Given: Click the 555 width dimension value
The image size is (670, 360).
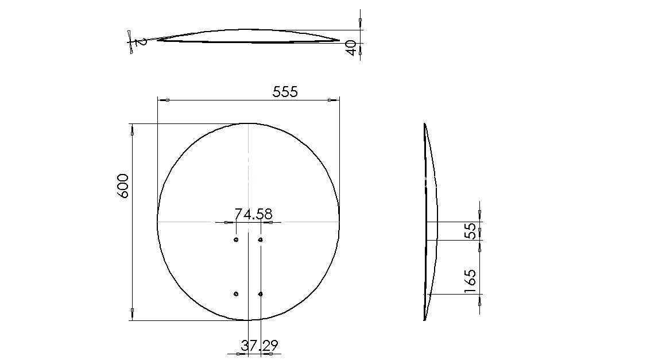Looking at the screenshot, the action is pos(285,92).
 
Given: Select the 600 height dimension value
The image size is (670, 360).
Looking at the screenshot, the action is pos(123,185).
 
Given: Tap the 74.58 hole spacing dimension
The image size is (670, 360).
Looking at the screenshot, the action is pos(253,214).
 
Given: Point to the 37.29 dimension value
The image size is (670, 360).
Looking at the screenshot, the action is pos(260,345).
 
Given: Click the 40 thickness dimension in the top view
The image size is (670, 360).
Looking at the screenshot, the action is pos(351,48).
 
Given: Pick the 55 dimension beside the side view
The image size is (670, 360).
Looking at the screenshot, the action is pos(470,231).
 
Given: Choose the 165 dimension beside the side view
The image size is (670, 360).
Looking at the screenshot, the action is pos(470,281).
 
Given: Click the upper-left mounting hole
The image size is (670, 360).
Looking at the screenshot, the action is pos(236,240).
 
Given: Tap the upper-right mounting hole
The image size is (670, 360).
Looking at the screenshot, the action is pos(260,240).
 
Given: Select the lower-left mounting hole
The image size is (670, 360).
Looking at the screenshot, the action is pos(236,294).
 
